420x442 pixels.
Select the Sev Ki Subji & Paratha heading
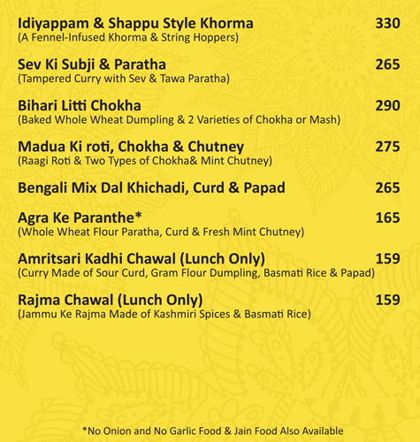point(91,65)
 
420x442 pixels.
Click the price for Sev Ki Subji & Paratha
point(387,65)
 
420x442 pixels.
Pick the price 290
point(387,105)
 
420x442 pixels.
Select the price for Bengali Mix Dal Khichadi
point(387,187)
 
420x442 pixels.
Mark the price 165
point(387,217)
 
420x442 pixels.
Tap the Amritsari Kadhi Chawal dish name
point(141,258)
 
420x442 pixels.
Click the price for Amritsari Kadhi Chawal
point(387,258)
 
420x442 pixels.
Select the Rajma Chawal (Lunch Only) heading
point(110,300)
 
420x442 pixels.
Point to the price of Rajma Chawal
point(387,300)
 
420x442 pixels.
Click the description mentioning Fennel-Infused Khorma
point(128,38)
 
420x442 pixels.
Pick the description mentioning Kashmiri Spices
point(164,314)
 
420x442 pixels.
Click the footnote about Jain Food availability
point(212,431)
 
